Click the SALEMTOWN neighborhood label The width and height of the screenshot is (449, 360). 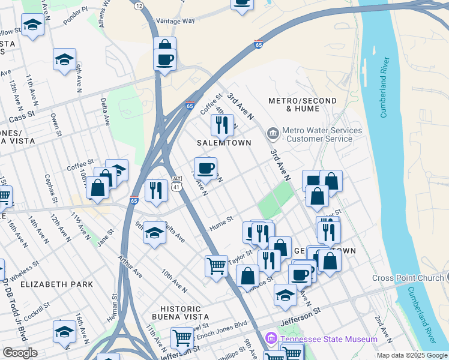click(224, 143)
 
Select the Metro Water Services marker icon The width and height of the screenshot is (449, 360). click(273, 132)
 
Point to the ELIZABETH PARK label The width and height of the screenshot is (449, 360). click(56, 284)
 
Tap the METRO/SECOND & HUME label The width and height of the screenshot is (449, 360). click(303, 104)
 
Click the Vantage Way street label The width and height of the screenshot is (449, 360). click(175, 20)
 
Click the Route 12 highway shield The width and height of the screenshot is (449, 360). click(139, 5)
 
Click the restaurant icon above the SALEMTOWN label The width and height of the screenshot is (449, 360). click(222, 125)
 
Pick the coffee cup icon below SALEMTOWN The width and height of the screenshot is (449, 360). click(205, 168)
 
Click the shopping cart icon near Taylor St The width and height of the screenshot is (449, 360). click(216, 265)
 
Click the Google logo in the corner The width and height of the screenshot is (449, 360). click(20, 353)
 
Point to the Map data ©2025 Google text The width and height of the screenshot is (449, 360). click(412, 355)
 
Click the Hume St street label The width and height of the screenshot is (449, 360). click(220, 226)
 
